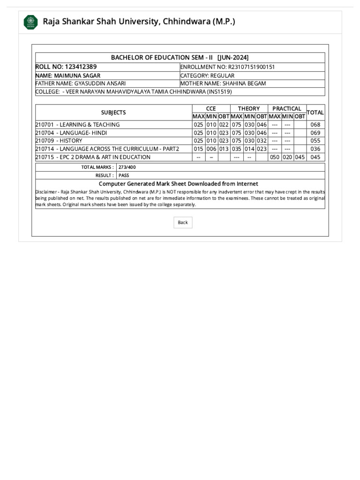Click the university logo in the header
click(x=31, y=22)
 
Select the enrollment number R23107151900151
click(x=251, y=67)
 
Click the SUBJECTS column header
click(x=113, y=112)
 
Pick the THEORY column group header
click(x=248, y=109)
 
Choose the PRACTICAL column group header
click(x=286, y=109)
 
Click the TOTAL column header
click(x=315, y=112)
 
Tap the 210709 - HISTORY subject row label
click(x=59, y=141)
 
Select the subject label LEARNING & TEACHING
click(x=90, y=125)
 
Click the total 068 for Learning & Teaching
click(x=315, y=125)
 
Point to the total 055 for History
click(x=315, y=141)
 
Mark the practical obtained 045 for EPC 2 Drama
click(x=300, y=157)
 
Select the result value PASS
click(x=124, y=175)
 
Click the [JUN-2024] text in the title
click(x=233, y=57)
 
